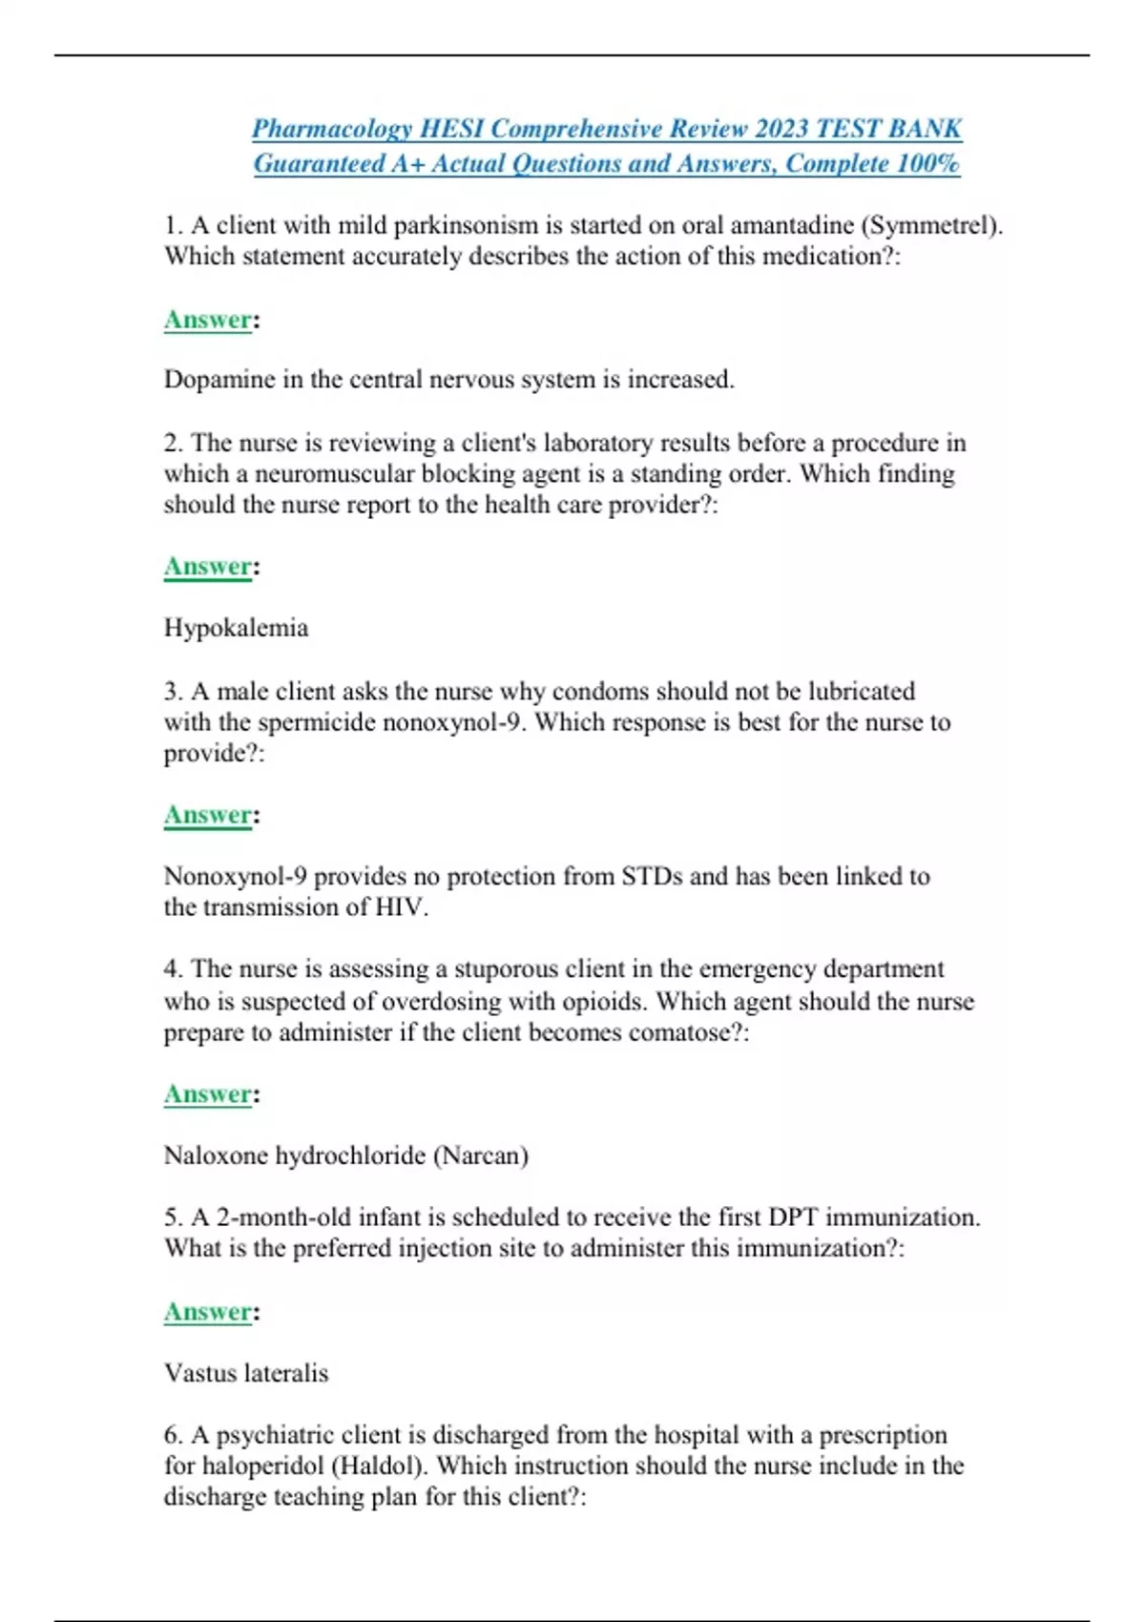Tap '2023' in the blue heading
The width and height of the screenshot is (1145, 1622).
coord(782,129)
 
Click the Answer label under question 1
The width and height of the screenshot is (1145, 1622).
coord(208,320)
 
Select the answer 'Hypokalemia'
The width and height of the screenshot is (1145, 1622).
coord(236,628)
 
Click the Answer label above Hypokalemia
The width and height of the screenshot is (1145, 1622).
coord(208,567)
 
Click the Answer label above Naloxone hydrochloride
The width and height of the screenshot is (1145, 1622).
coord(208,1094)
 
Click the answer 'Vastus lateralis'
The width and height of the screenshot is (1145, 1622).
coord(246,1373)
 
